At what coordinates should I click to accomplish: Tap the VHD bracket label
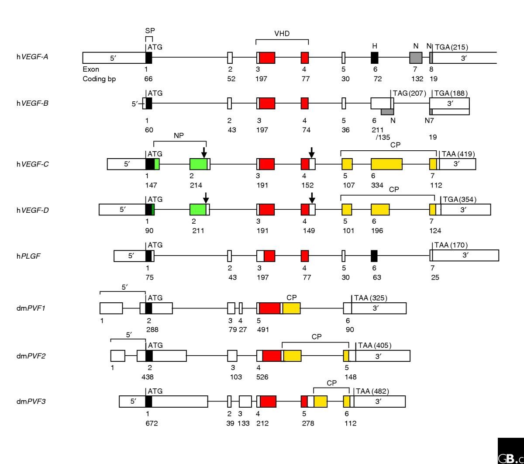click(282, 34)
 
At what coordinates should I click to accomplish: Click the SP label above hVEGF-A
click(150, 31)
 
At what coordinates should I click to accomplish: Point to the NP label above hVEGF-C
click(179, 135)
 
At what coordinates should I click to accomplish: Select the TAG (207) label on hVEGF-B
click(409, 93)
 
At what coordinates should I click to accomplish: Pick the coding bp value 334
click(377, 185)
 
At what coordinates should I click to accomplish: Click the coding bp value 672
click(152, 423)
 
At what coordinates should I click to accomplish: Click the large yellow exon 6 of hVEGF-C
click(386, 164)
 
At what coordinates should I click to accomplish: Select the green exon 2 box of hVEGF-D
click(198, 209)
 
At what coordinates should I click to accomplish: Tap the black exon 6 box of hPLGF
click(374, 256)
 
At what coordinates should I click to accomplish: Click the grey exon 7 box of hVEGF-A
click(416, 58)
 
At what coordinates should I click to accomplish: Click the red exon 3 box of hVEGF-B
click(267, 104)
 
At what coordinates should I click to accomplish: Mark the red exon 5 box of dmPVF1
click(269, 308)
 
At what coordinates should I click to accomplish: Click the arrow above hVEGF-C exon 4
click(311, 152)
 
